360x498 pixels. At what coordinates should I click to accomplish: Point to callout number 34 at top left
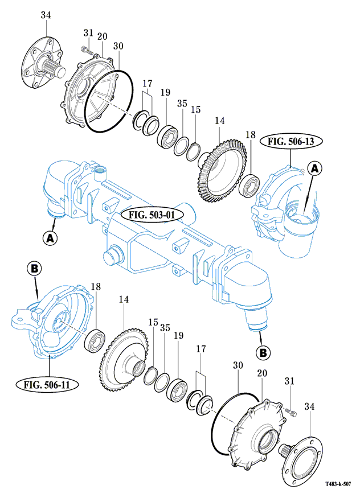coord(46,15)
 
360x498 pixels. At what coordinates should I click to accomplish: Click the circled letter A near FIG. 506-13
coord(315,168)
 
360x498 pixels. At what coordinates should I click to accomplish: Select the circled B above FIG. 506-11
coord(34,267)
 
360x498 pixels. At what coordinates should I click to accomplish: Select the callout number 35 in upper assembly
coord(182,104)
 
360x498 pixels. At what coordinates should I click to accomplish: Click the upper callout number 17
coord(147,84)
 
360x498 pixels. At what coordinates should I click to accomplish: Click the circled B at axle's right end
coord(263,353)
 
